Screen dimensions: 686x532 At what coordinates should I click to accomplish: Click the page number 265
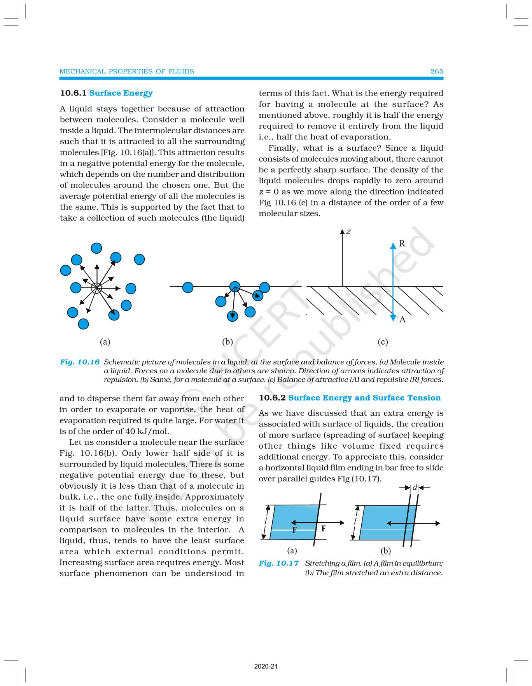click(436, 71)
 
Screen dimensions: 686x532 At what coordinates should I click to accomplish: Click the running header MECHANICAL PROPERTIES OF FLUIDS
click(126, 71)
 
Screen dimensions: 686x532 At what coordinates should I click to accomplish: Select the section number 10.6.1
click(73, 93)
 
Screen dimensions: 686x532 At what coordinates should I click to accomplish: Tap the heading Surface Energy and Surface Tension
click(364, 398)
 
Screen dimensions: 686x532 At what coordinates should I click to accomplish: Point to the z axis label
click(349, 232)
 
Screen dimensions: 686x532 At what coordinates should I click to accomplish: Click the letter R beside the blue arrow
click(402, 244)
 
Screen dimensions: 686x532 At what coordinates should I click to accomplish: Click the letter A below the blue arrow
click(402, 319)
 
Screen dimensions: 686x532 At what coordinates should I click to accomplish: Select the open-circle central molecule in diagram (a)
click(96, 288)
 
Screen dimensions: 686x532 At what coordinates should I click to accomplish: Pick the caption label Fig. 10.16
click(80, 362)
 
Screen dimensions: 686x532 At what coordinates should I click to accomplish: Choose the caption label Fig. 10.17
click(278, 563)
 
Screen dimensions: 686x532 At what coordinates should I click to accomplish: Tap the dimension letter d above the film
click(415, 488)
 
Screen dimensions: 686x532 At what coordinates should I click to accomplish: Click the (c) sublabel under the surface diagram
click(383, 342)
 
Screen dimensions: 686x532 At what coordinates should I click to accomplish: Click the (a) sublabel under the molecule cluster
click(105, 342)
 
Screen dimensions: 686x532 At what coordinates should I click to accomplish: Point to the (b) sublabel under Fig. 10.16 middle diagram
click(227, 342)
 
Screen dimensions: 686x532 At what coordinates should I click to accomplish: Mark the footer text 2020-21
click(266, 667)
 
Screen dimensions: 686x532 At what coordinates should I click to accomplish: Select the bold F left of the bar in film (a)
click(294, 530)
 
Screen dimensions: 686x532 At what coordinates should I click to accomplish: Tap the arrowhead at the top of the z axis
click(342, 232)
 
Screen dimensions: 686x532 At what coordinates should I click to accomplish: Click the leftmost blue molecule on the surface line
click(187, 287)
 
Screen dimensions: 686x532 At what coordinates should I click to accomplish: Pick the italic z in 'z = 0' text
click(261, 192)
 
